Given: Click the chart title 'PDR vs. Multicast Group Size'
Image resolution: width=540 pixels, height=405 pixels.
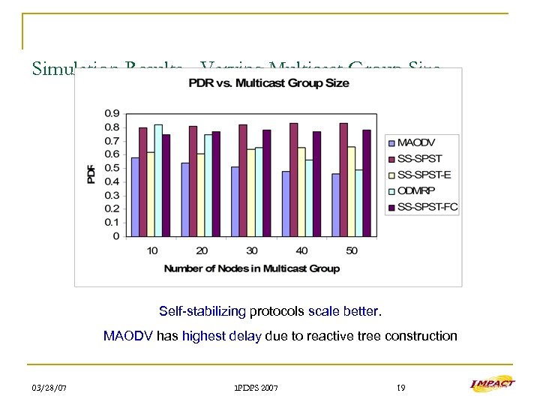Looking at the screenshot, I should [268, 82].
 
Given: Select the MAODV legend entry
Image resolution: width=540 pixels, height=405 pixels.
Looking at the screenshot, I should [417, 142].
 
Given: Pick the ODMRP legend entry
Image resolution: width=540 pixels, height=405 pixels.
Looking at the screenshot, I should [417, 190].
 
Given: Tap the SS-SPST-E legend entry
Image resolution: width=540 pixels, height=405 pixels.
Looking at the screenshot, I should [422, 174].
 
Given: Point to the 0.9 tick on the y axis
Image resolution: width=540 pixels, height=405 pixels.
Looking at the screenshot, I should [111, 113].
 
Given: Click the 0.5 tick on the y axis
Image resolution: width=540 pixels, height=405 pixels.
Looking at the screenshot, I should [111, 168].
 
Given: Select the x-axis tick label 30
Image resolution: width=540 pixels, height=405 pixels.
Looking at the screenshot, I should [251, 250].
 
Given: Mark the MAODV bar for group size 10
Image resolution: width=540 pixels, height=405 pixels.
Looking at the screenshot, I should [135, 196].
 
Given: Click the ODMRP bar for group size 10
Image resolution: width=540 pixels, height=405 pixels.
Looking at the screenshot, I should [158, 180].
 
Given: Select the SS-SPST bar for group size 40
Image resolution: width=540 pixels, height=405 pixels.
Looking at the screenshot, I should [293, 179].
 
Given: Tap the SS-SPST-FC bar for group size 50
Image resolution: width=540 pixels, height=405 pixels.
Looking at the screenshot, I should [367, 183].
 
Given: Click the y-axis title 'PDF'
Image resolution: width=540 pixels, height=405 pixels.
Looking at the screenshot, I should [91, 175].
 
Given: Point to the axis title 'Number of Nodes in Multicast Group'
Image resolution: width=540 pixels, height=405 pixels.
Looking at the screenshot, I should [251, 268].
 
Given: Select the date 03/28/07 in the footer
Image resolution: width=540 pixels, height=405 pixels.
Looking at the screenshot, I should [49, 388].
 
